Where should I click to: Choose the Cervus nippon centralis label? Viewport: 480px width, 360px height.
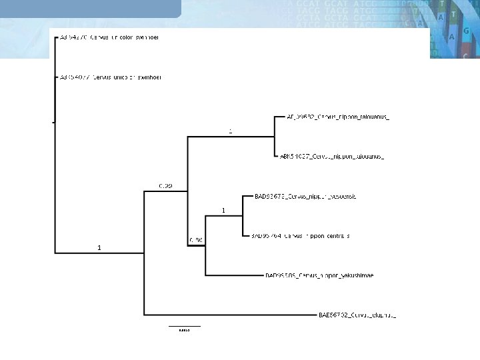coord(300,235)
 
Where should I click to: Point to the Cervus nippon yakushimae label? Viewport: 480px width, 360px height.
coord(319,275)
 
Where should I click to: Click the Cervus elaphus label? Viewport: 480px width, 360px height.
coord(357,314)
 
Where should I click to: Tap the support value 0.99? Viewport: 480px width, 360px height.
coord(165,185)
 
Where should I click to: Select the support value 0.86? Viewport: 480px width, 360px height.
coord(195,239)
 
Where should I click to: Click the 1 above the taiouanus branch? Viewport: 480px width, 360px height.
coord(231,131)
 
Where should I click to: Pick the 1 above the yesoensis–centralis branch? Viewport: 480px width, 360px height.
coord(223,210)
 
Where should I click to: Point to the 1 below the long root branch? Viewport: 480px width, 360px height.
coord(99,247)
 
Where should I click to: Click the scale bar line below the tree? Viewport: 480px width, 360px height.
coord(185,325)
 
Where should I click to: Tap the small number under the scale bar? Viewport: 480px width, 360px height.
coord(185,329)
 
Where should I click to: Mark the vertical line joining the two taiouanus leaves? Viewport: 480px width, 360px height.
coord(275,136)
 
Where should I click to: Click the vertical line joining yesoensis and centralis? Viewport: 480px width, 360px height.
coord(242,215)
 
